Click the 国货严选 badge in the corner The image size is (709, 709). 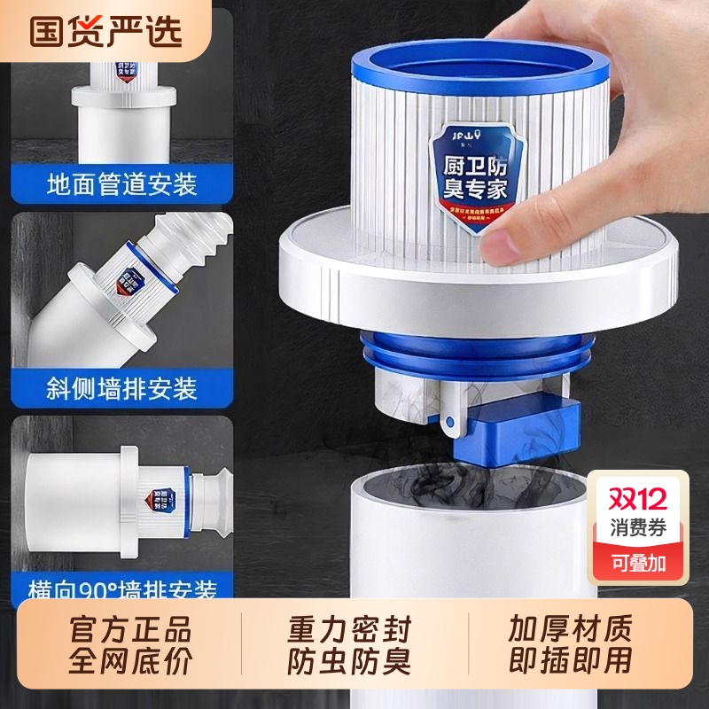point(105,30)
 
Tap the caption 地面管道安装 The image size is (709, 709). point(121,185)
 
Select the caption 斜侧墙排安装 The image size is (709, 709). point(121,388)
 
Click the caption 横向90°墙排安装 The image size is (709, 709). point(121,588)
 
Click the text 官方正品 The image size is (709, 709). point(130,630)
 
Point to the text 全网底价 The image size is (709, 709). point(130,660)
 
